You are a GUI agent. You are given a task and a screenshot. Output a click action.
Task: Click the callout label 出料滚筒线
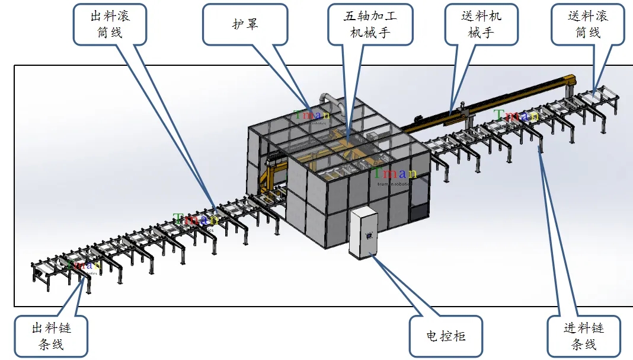pyautogui.click(x=110, y=24)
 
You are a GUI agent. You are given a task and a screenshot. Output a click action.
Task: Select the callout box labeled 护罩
pyautogui.click(x=245, y=24)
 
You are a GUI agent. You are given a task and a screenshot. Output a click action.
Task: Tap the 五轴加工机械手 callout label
pyautogui.click(x=370, y=24)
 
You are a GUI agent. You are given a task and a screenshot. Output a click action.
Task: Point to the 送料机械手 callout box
pyautogui.click(x=481, y=24)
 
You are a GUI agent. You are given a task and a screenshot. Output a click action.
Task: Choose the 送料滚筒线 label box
pyautogui.click(x=587, y=24)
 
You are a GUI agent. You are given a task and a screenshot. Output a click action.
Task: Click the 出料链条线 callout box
pyautogui.click(x=52, y=336)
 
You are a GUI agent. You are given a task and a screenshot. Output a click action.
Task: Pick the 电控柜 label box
pyautogui.click(x=446, y=336)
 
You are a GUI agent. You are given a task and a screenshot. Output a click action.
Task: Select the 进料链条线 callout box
pyautogui.click(x=583, y=336)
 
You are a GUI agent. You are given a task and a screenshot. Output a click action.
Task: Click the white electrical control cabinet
pyautogui.click(x=362, y=232)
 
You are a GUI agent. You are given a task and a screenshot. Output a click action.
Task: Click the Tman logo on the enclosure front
pyautogui.click(x=394, y=174)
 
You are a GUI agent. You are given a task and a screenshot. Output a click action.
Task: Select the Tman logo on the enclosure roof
pyautogui.click(x=312, y=114)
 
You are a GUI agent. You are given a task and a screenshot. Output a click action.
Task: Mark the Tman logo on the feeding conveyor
pyautogui.click(x=516, y=116)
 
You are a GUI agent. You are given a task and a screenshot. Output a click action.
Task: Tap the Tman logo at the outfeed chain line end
pyautogui.click(x=84, y=265)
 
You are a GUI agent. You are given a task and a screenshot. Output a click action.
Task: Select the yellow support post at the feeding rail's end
pyautogui.click(x=571, y=82)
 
